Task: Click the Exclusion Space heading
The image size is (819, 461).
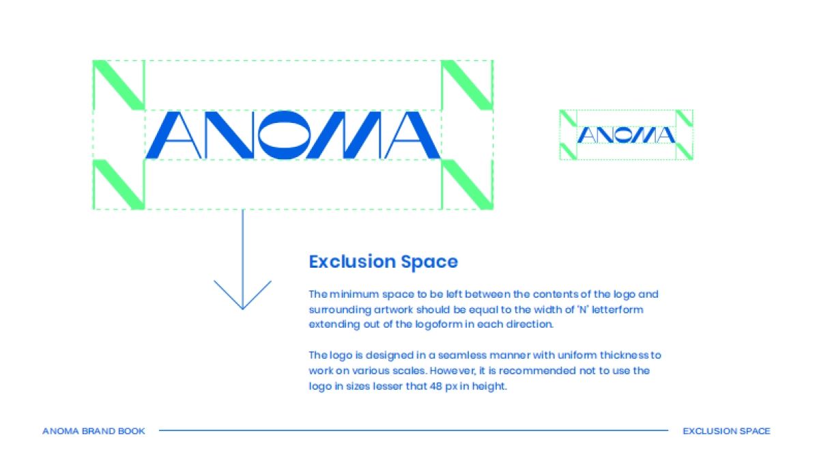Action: [383, 262]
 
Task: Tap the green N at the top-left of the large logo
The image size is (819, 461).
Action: [119, 85]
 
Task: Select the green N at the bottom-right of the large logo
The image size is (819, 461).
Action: [468, 184]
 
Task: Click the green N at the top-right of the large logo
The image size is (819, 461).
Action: [468, 85]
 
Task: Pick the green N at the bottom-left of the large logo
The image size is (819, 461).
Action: [119, 184]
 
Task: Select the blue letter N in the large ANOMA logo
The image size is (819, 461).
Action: [226, 135]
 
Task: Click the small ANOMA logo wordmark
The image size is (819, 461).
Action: [626, 135]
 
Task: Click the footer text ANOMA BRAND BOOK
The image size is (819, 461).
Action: [94, 431]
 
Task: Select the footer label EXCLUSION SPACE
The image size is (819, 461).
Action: [726, 431]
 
